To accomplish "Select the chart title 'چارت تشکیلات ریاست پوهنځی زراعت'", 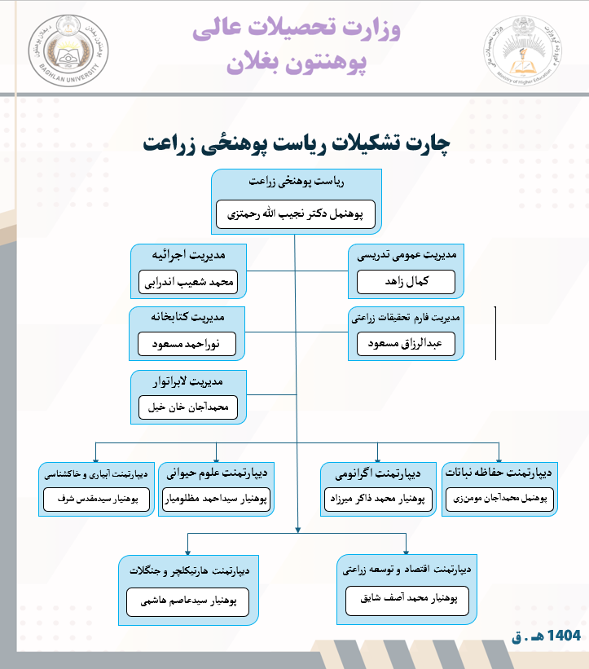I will [x=296, y=144].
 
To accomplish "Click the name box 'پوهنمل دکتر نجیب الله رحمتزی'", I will [x=296, y=214].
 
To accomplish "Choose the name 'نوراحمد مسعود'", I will [x=187, y=344].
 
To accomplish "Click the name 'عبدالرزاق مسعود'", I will [x=411, y=343].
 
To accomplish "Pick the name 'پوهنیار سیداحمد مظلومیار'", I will [x=215, y=499].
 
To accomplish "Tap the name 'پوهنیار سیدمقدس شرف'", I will [x=96, y=499].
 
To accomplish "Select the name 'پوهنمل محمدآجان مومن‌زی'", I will [x=500, y=498].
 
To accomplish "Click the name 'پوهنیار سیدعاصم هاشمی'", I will [x=188, y=602].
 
